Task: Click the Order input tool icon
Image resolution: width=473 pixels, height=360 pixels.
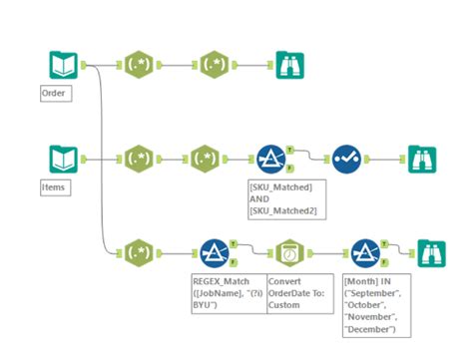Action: [x=63, y=66]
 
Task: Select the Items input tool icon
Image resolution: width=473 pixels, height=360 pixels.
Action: [x=63, y=160]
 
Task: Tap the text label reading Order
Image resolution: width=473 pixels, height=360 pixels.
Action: [x=53, y=94]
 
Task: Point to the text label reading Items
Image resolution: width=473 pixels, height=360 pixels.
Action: [x=54, y=186]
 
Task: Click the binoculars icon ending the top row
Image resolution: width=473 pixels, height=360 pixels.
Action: [x=290, y=66]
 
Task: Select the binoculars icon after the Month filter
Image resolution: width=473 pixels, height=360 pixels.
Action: [x=431, y=252]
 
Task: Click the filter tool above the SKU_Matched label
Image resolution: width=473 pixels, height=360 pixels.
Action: [x=267, y=160]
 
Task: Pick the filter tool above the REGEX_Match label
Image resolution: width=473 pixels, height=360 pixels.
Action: [x=215, y=252]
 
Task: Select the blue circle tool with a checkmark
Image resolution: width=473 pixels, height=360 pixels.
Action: [x=345, y=160]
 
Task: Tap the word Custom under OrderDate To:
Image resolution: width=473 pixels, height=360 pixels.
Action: [x=286, y=306]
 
